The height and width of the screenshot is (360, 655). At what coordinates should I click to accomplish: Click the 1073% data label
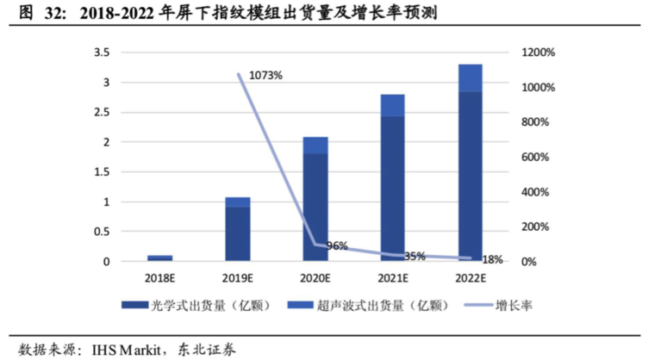pyautogui.click(x=265, y=76)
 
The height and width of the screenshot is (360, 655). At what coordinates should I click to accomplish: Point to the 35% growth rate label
pyautogui.click(x=415, y=256)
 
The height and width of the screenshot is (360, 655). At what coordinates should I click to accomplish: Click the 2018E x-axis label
pyautogui.click(x=159, y=277)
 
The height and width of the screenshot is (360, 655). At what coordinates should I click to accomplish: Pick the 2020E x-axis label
pyautogui.click(x=315, y=277)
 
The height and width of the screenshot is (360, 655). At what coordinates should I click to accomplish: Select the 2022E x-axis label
pyautogui.click(x=470, y=277)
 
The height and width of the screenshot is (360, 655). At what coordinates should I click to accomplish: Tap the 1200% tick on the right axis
pyautogui.click(x=540, y=53)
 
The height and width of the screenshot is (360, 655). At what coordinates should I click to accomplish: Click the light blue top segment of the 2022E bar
pyautogui.click(x=470, y=78)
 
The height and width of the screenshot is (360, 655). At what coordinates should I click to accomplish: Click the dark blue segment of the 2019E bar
pyautogui.click(x=237, y=233)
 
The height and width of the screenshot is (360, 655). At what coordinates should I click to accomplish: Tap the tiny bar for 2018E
pyautogui.click(x=159, y=258)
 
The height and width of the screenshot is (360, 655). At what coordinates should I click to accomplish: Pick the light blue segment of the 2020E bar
pyautogui.click(x=315, y=145)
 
